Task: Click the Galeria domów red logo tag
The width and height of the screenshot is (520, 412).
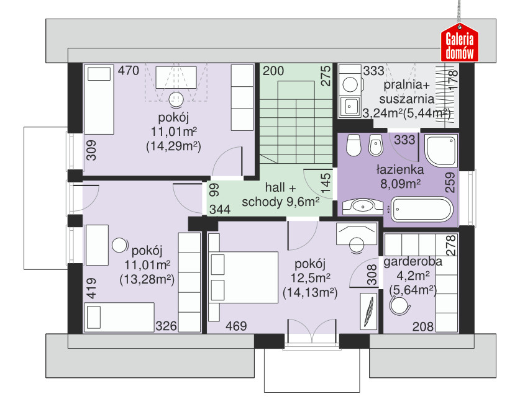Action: click(x=459, y=42)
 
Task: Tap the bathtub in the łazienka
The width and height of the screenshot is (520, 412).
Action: click(x=421, y=209)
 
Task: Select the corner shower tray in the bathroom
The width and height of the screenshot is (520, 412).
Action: click(x=440, y=151)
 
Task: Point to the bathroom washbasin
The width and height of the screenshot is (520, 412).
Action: click(x=363, y=207)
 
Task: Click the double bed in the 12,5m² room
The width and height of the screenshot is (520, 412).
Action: click(x=243, y=277)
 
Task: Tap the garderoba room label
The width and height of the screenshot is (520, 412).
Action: click(x=413, y=261)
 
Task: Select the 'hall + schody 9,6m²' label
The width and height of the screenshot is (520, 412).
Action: click(x=281, y=195)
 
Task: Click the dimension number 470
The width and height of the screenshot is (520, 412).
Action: click(x=129, y=71)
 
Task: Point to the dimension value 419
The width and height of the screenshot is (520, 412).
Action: click(x=91, y=288)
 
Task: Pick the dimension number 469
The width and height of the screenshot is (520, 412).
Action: click(x=236, y=326)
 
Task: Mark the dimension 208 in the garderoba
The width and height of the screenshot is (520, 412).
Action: click(x=423, y=327)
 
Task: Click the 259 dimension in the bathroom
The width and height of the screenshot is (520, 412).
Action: click(x=450, y=182)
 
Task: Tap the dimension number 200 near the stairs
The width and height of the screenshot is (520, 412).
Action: click(x=273, y=71)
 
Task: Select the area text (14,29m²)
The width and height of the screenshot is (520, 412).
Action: click(x=173, y=146)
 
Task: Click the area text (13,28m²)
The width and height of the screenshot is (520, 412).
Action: click(x=147, y=279)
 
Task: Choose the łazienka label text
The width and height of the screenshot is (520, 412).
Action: click(x=400, y=169)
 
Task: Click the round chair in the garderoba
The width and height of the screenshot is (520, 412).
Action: click(x=399, y=305)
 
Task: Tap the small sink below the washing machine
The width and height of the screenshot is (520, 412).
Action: click(x=349, y=107)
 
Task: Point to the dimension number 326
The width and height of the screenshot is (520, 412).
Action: click(x=166, y=326)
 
